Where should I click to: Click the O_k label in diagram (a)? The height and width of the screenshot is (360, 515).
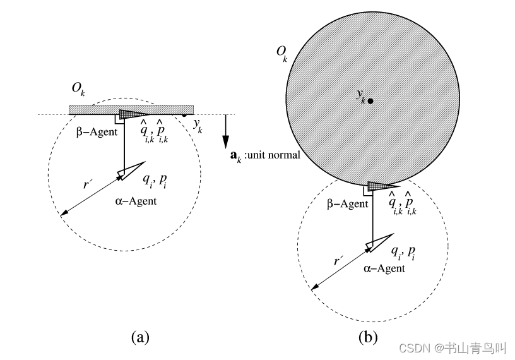coord(79,95)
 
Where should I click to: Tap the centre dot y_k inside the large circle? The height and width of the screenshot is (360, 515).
coord(370,100)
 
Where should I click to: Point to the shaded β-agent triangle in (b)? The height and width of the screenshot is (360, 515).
coord(379,186)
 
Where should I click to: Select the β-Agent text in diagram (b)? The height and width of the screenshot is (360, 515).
coord(346,203)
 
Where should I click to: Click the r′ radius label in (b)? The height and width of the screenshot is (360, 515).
coord(338,260)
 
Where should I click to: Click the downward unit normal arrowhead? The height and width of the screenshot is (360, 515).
coord(225,143)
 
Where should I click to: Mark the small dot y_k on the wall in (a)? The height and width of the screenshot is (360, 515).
coord(184,116)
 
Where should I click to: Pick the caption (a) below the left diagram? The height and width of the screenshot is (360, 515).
coord(140,337)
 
